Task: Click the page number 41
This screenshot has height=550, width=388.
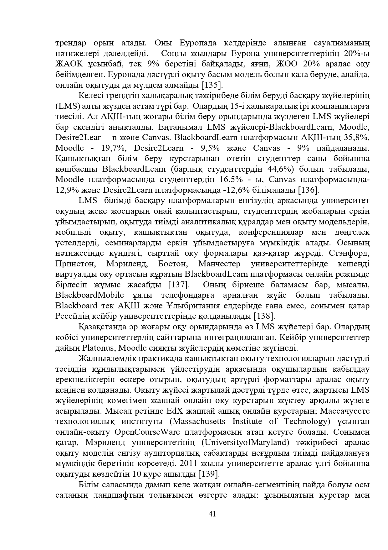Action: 212,514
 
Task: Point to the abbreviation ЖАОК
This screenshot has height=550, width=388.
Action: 69,64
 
